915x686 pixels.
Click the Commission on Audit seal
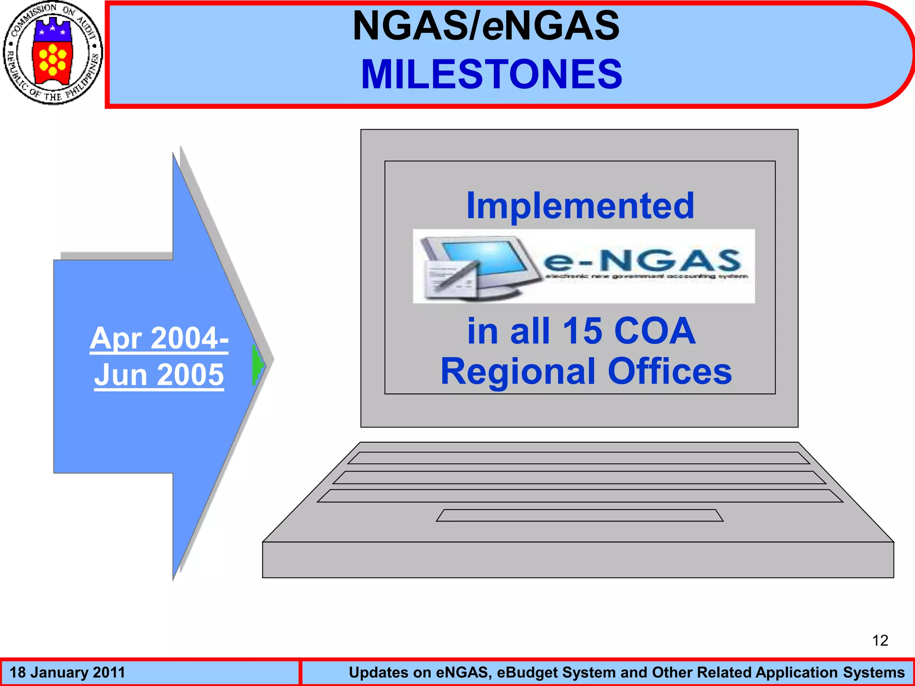click(x=53, y=53)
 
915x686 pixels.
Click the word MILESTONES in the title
click(x=491, y=74)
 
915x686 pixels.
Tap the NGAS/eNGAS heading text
click(x=486, y=26)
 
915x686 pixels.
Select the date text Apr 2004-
click(x=159, y=338)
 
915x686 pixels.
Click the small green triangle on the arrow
click(x=257, y=365)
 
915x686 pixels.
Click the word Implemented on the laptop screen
click(x=580, y=205)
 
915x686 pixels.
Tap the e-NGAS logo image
click(x=583, y=266)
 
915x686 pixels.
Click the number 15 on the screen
click(x=582, y=331)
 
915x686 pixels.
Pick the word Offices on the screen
click(x=670, y=371)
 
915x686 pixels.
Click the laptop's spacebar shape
click(x=579, y=515)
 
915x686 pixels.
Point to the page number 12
click(x=880, y=640)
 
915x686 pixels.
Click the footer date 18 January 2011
click(x=67, y=673)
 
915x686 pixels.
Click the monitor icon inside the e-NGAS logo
click(x=483, y=264)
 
